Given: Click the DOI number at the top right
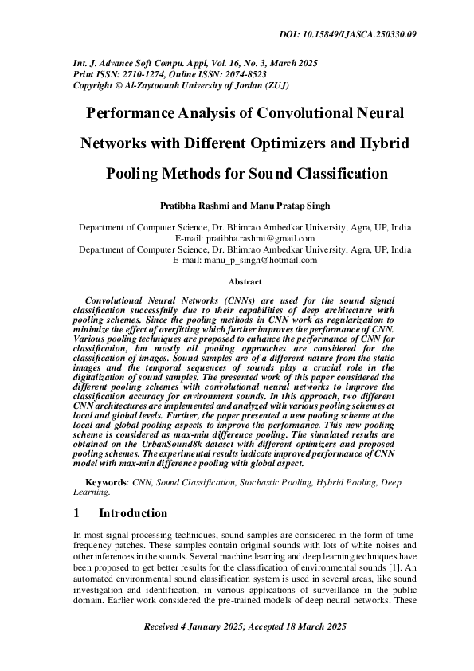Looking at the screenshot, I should click(x=381, y=34).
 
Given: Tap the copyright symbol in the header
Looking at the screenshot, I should click(x=119, y=84).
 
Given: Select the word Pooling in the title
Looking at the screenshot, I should click(x=135, y=173).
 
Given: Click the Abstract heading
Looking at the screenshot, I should click(x=245, y=281).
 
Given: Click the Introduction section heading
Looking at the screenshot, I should click(x=133, y=514).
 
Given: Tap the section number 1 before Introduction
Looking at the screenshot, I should click(x=76, y=514).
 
